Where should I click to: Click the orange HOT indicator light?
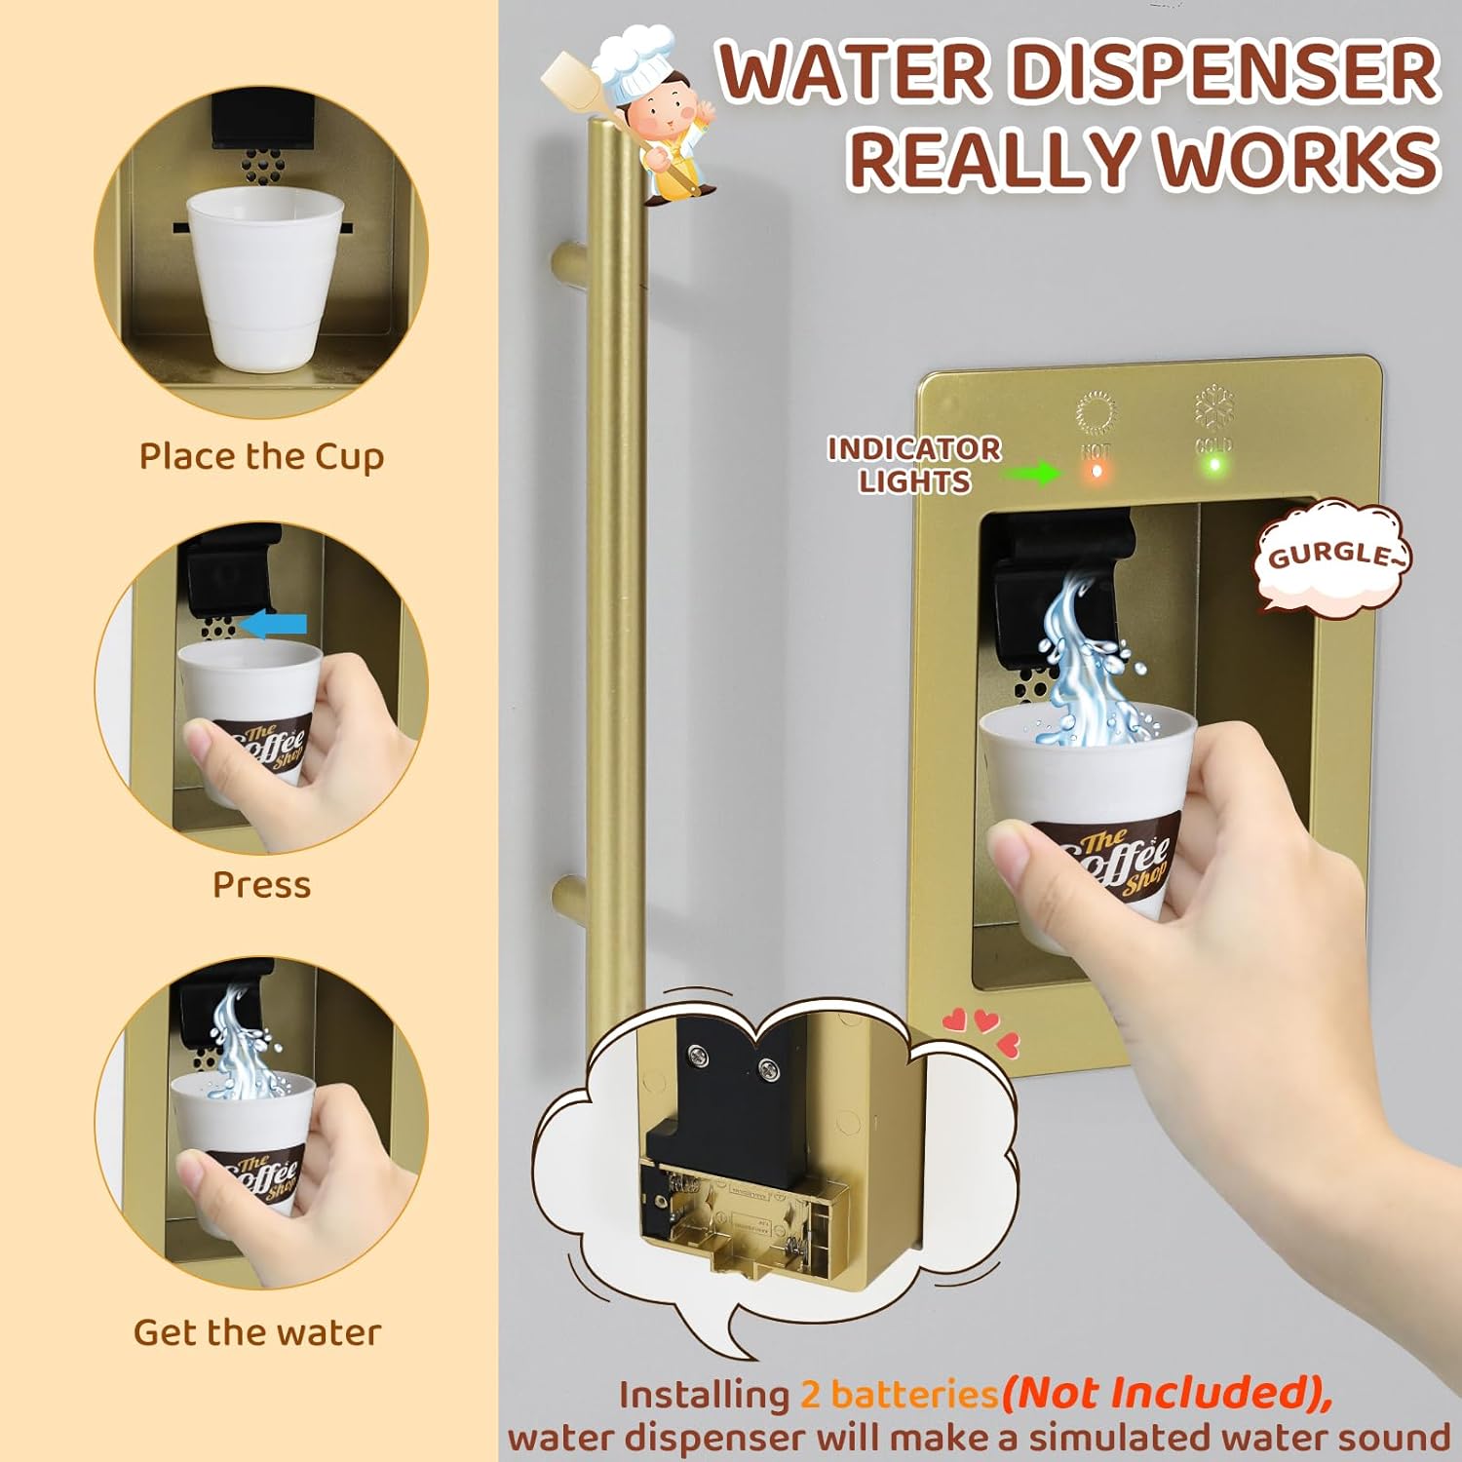[1096, 471]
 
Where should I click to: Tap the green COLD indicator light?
[1214, 465]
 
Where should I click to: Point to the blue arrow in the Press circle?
[275, 624]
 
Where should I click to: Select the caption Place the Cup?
[261, 457]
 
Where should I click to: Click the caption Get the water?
[257, 1332]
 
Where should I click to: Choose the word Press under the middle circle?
[261, 885]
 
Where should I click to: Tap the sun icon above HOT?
[1096, 413]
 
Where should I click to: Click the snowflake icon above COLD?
[1214, 406]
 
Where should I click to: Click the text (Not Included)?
[1167, 1393]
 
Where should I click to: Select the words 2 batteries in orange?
[900, 1395]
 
